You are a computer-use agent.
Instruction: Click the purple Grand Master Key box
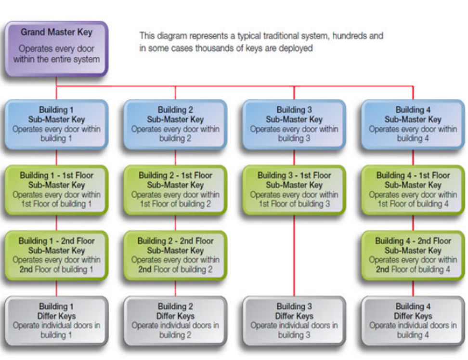tap(56, 49)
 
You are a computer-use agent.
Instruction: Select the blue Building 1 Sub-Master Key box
tap(56, 124)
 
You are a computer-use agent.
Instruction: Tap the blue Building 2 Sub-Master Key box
tap(175, 124)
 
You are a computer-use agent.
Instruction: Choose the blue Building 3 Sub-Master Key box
tap(294, 124)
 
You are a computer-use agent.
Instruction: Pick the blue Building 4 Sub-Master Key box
tap(413, 124)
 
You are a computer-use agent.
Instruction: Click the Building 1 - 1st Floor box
tap(56, 189)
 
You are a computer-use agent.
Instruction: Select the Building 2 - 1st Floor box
tap(175, 189)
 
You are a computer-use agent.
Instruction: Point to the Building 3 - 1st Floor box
tap(294, 189)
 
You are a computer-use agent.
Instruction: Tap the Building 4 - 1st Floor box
tap(413, 189)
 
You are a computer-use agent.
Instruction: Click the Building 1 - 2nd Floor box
tap(56, 255)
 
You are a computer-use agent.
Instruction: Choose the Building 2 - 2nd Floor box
tap(175, 255)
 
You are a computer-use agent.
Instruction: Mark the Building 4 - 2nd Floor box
tap(413, 255)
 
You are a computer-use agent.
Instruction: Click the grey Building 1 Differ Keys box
tap(56, 320)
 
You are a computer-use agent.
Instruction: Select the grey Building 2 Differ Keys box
tap(175, 320)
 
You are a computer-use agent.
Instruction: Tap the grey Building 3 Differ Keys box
tap(294, 320)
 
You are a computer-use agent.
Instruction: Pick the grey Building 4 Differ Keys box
tap(413, 320)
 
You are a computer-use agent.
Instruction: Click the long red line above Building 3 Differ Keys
tap(294, 255)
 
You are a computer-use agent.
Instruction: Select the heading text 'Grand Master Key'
tap(56, 32)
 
